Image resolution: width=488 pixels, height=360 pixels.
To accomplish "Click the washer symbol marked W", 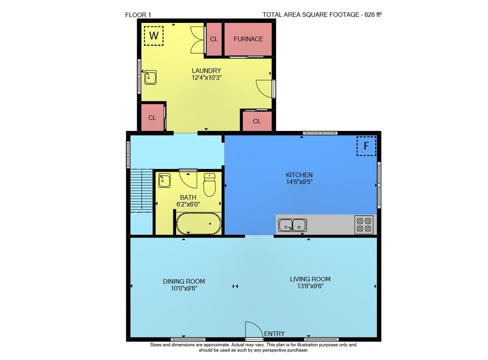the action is point(154,36).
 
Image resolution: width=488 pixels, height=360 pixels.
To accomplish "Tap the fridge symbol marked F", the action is point(366,146).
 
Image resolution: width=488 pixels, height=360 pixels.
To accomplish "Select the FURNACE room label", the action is point(248,39).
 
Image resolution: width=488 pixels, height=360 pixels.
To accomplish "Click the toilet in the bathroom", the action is point(209,185).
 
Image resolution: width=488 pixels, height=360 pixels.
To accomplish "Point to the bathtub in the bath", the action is point(199,223).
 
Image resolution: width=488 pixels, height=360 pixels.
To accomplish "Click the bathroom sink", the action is point(164,181).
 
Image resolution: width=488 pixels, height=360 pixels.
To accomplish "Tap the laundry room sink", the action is point(150,78).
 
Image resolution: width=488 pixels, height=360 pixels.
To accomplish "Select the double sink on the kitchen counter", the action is point(292,225).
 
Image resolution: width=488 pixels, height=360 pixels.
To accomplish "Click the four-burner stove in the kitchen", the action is point(364,225).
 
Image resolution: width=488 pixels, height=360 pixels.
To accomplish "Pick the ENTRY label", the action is point(274,334).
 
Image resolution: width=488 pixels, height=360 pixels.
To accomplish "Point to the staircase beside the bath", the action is point(142,191).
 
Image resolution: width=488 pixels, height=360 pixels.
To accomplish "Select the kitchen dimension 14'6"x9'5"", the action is point(300,182).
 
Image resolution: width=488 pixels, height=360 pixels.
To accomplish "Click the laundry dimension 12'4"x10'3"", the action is point(206,78).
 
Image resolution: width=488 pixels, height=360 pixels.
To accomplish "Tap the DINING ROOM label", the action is point(184,281).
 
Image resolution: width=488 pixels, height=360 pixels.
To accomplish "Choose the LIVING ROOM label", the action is point(310,279).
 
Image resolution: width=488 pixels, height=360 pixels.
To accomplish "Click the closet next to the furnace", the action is point(214,39).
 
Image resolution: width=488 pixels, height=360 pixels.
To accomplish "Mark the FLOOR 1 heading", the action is point(138,15).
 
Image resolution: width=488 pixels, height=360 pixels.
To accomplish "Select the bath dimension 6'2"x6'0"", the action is point(188,204).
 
